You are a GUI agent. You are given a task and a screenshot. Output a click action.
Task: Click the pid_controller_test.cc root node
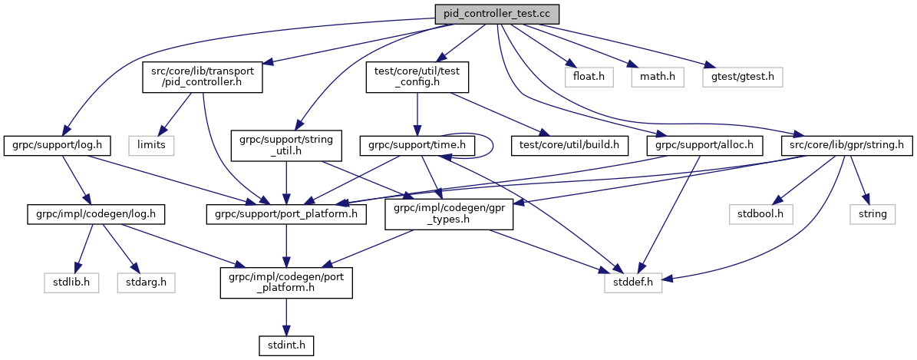(x=496, y=13)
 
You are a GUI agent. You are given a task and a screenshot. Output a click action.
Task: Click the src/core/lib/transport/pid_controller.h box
(x=203, y=77)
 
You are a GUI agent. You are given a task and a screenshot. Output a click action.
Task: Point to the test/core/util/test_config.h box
(x=416, y=77)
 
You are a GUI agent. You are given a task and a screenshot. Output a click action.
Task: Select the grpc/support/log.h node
(x=47, y=144)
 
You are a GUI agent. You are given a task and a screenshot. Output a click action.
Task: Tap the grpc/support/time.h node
(x=417, y=144)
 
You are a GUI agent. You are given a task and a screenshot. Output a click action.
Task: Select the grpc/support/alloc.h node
(x=705, y=144)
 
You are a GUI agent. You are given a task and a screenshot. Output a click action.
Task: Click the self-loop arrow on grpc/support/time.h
(x=492, y=143)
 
